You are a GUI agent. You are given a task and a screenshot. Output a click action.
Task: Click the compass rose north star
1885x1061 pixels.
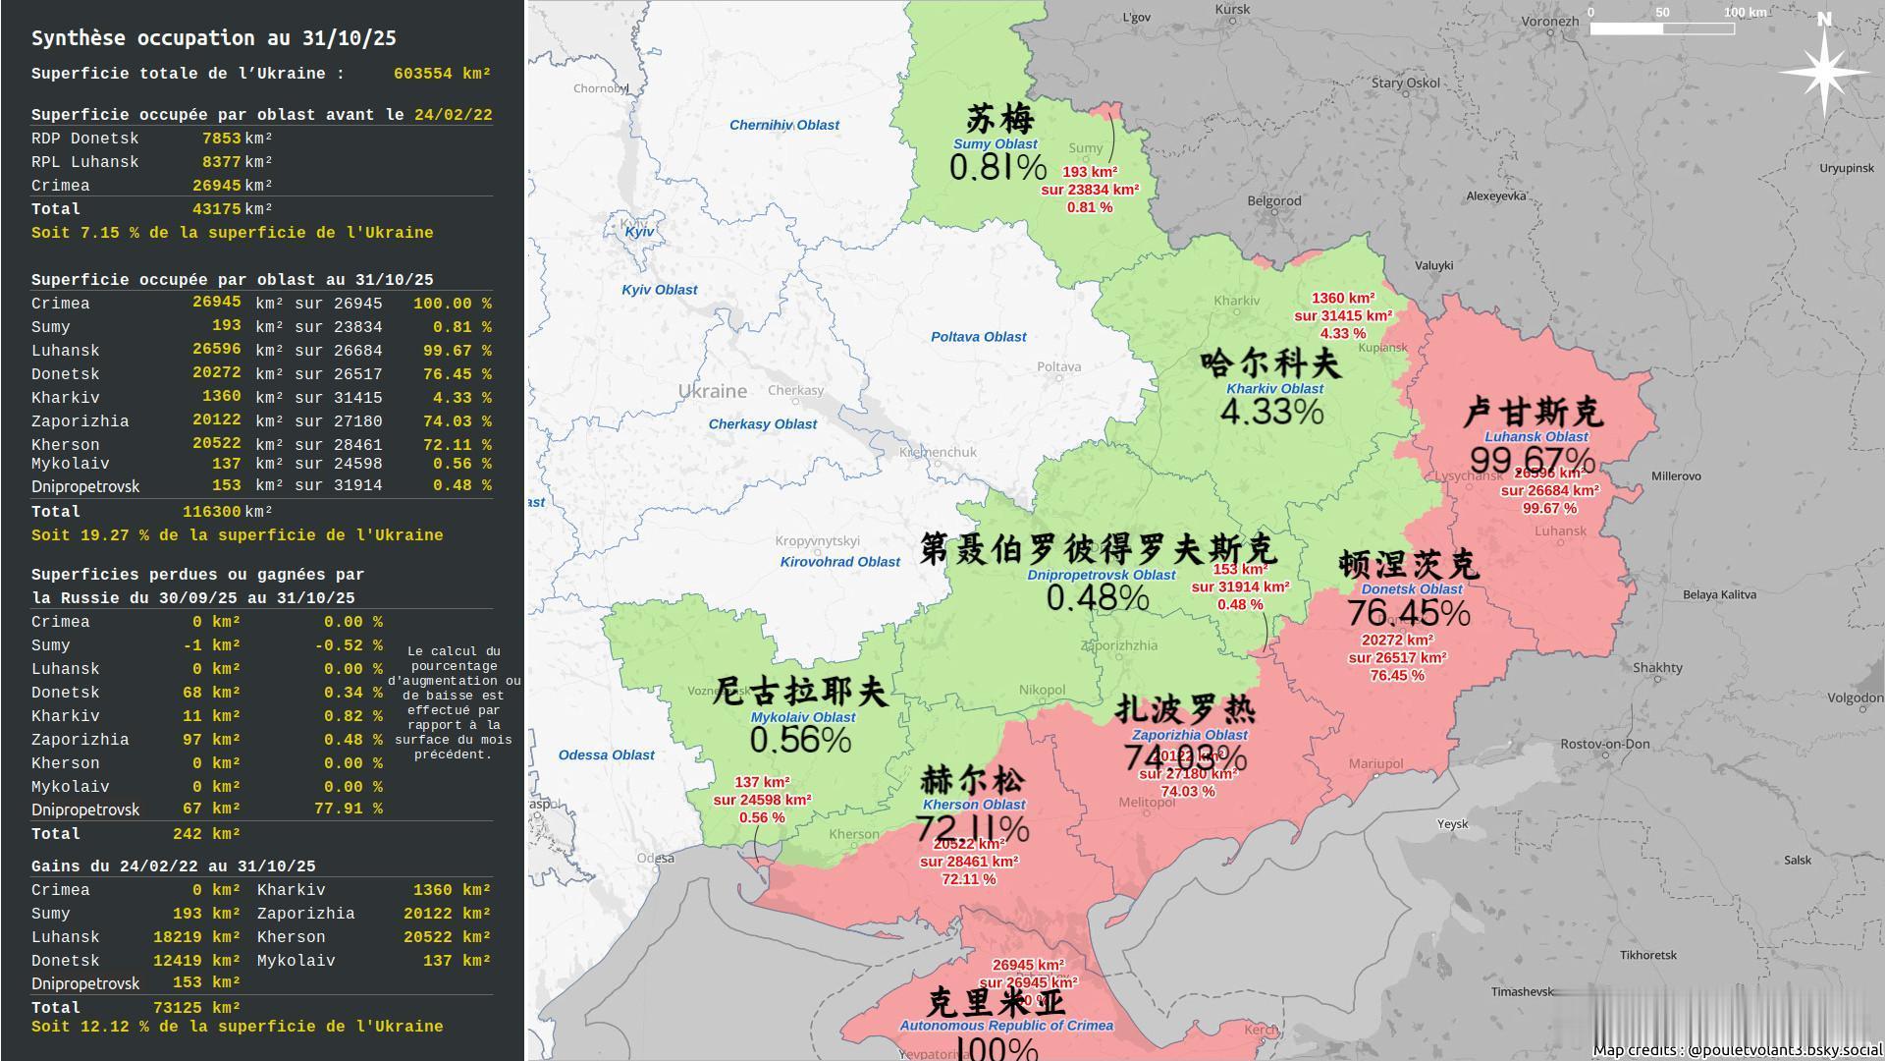[x=1824, y=71]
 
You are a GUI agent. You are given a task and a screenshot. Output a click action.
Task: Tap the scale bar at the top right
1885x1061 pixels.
[x=1661, y=28]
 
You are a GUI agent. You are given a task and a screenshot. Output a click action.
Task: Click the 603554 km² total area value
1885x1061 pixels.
[x=442, y=74]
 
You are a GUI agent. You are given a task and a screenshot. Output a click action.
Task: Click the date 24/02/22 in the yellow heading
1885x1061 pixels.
[x=453, y=115]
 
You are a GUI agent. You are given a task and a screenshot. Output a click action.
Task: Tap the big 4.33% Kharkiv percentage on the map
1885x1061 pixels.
[x=1271, y=411]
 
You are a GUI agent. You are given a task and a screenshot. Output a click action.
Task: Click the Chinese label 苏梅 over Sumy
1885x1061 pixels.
[x=999, y=119]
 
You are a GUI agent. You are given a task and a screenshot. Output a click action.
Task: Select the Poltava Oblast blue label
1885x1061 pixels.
[x=978, y=337]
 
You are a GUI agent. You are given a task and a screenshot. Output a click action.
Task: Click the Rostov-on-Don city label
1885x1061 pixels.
[x=1605, y=744]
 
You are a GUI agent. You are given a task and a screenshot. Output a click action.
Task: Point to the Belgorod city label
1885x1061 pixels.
[x=1273, y=200]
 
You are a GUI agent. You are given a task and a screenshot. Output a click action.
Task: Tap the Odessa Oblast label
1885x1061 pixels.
[x=606, y=755]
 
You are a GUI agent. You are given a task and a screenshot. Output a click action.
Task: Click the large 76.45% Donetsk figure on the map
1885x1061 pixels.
[x=1408, y=613]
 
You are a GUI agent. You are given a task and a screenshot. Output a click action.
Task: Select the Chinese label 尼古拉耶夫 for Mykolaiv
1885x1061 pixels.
[x=799, y=691]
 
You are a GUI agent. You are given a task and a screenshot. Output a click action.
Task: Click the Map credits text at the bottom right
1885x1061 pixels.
[x=1736, y=1049]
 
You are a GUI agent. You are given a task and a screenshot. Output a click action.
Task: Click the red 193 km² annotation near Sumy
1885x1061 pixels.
[x=1089, y=172]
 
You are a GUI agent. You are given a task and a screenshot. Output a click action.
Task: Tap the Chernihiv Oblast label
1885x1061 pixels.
[x=783, y=125]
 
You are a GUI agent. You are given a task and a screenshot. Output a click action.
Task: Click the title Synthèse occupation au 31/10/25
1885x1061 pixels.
[x=213, y=38]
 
